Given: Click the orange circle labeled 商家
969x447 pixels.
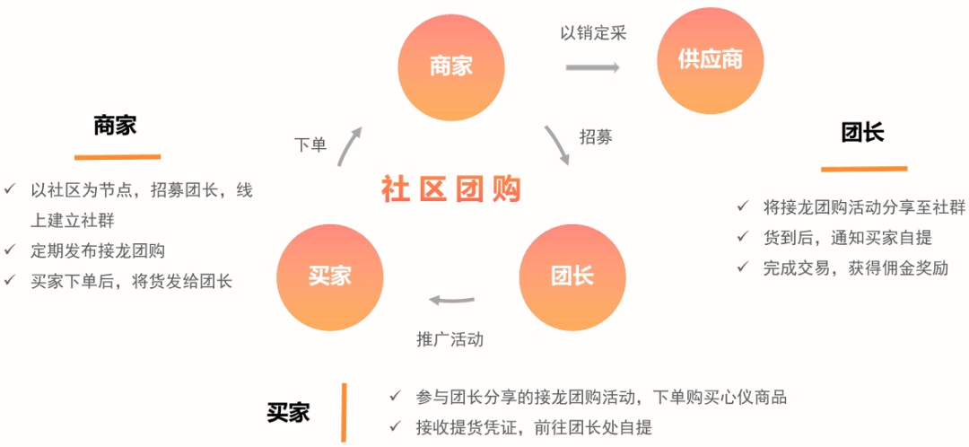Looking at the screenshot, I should tap(450, 66).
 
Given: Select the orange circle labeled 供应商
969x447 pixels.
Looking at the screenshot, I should tap(711, 60).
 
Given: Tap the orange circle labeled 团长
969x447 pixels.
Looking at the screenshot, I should tap(572, 276).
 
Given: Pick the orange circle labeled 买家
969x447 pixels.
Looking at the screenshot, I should tap(329, 276).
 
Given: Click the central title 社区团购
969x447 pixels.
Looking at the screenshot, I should tap(450, 189).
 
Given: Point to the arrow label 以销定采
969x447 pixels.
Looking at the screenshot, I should tap(593, 33).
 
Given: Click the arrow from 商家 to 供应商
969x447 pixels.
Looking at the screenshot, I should tap(593, 68).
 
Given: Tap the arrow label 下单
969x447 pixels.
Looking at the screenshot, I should tap(310, 145).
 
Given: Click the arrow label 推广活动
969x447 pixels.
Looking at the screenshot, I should tap(450, 339).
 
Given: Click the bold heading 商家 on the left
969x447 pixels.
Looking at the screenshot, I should tap(115, 125).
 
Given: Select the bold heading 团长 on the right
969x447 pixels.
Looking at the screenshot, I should tap(862, 133).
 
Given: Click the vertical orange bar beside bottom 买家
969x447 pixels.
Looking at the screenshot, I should tap(343, 412).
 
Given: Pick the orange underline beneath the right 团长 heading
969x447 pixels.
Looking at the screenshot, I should tap(863, 168).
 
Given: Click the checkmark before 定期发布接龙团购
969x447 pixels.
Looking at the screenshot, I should tap(10, 250).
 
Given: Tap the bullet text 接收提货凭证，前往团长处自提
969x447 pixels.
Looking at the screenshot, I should tap(533, 427).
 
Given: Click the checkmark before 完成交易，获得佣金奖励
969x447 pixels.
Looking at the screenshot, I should tap(743, 267).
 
